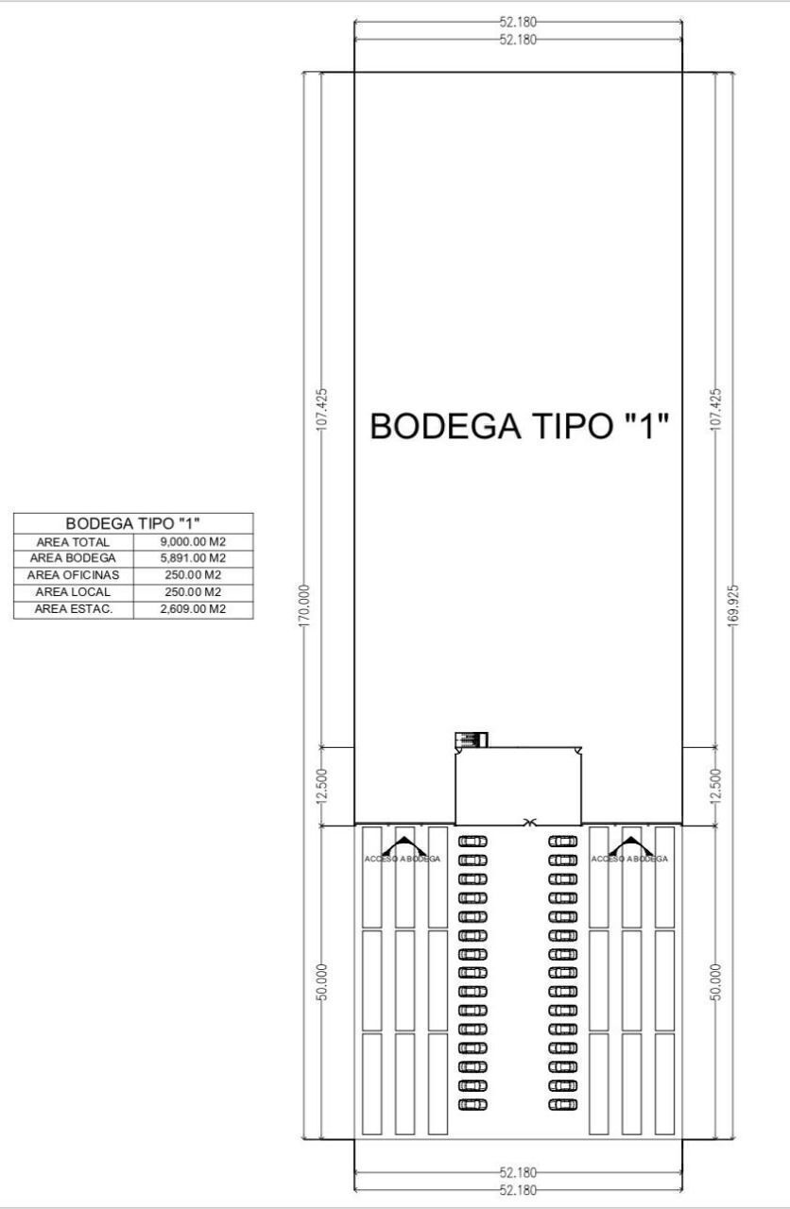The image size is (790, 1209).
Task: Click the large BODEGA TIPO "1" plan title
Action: [519, 426]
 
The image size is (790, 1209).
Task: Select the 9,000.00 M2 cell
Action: [193, 542]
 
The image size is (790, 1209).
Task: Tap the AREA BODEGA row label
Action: [73, 558]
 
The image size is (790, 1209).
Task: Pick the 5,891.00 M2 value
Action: [193, 558]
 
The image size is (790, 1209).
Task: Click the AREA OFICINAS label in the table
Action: [73, 575]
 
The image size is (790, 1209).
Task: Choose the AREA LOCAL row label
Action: [73, 592]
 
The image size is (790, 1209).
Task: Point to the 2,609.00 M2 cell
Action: [193, 609]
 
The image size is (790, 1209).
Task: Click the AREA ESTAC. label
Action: [74, 609]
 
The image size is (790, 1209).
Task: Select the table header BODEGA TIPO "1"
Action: [133, 523]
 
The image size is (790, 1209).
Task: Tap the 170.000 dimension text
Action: [305, 605]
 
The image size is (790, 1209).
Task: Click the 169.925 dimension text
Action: [732, 605]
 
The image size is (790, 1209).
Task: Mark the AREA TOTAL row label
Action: [73, 542]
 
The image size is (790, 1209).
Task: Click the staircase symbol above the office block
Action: [472, 740]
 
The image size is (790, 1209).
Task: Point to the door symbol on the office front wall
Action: [530, 823]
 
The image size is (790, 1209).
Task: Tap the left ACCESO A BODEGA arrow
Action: [403, 844]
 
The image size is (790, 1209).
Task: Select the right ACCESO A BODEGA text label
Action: [629, 859]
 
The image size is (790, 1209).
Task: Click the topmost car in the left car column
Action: [472, 842]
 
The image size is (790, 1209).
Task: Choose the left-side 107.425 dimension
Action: [322, 409]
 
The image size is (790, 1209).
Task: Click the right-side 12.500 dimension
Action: [715, 786]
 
